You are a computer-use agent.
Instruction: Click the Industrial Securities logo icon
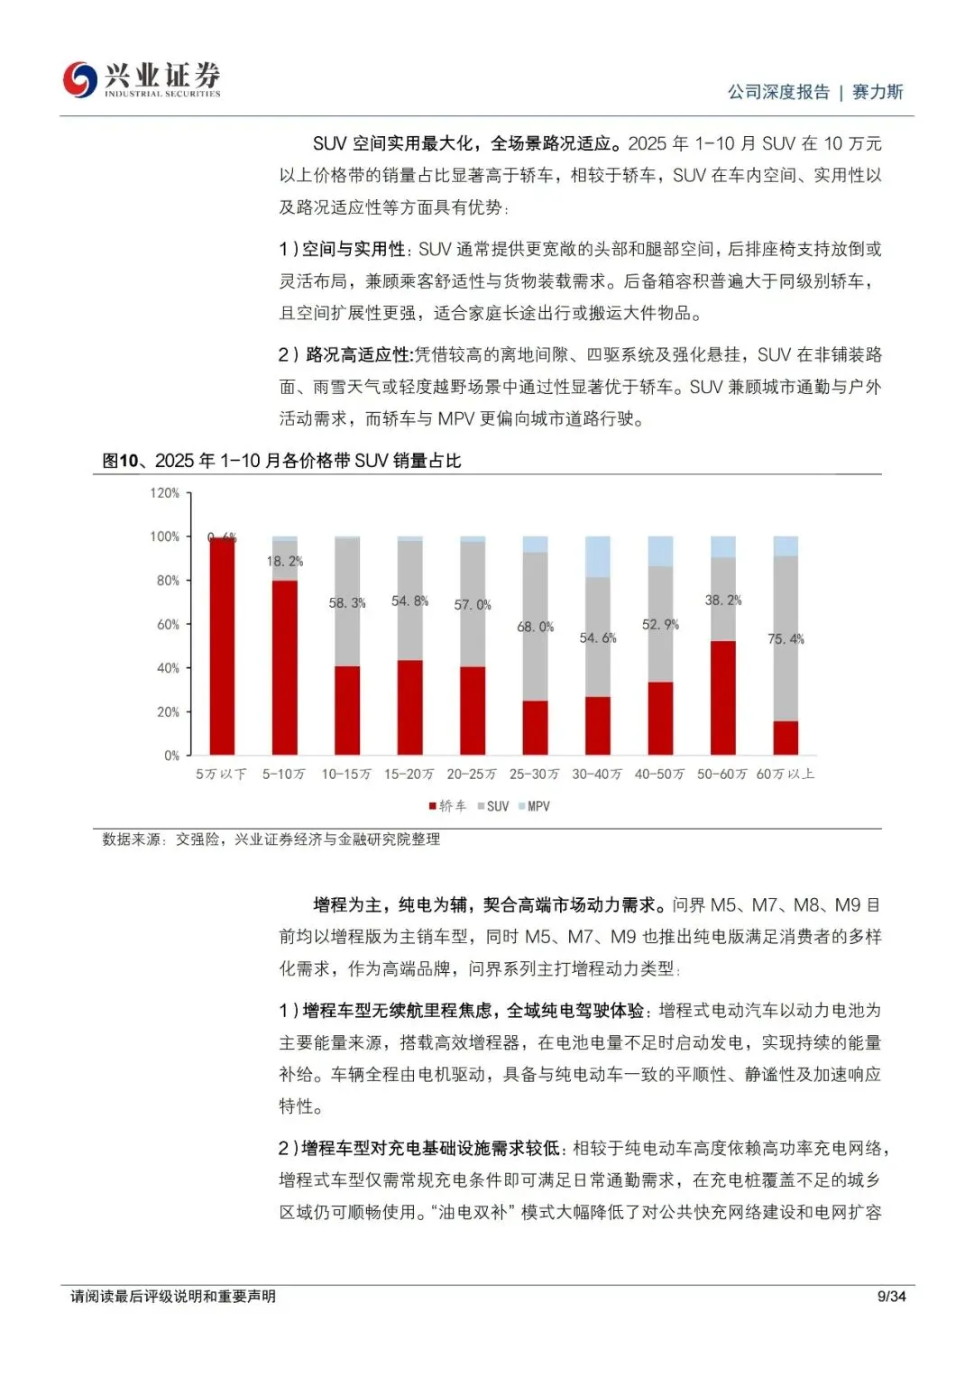[x=79, y=79]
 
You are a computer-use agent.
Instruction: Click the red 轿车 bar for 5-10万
[x=285, y=667]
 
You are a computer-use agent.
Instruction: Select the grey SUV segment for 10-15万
[x=347, y=601]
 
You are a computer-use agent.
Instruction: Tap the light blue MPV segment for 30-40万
[x=598, y=556]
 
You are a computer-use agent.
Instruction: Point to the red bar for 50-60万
[x=723, y=697]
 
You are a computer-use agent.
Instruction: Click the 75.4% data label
[x=786, y=639]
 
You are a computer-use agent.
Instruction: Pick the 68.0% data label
[x=536, y=627]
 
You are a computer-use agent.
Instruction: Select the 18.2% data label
[x=285, y=561]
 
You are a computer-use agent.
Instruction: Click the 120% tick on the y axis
[x=165, y=493]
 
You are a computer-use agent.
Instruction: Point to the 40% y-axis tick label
[x=169, y=668]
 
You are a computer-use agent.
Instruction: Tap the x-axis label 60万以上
[x=785, y=775]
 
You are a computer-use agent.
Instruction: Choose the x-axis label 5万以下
[x=221, y=775]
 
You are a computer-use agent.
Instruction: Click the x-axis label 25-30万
[x=534, y=775]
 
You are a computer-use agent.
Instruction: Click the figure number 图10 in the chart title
[x=120, y=461]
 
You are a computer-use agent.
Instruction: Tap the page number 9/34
[x=891, y=1297]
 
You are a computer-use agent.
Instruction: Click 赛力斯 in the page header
[x=878, y=92]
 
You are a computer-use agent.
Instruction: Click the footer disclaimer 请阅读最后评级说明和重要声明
[x=173, y=1297]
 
